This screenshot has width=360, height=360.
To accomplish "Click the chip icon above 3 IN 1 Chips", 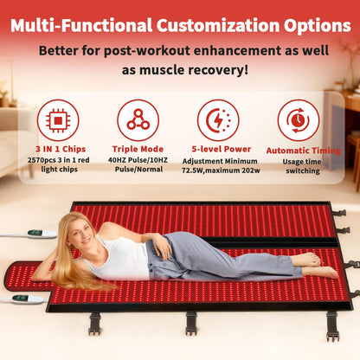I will pos(58,119).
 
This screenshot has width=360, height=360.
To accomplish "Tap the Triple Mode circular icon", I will pos(138,119).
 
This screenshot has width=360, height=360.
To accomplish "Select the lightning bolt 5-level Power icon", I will pos(218,119).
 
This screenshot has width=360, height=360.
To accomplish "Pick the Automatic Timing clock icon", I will pos(298,119).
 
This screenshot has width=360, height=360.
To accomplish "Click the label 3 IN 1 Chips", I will pos(58,148).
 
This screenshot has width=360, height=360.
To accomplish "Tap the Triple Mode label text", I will pos(138,148).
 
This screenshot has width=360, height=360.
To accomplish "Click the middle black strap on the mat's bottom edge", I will pos(191,321).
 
